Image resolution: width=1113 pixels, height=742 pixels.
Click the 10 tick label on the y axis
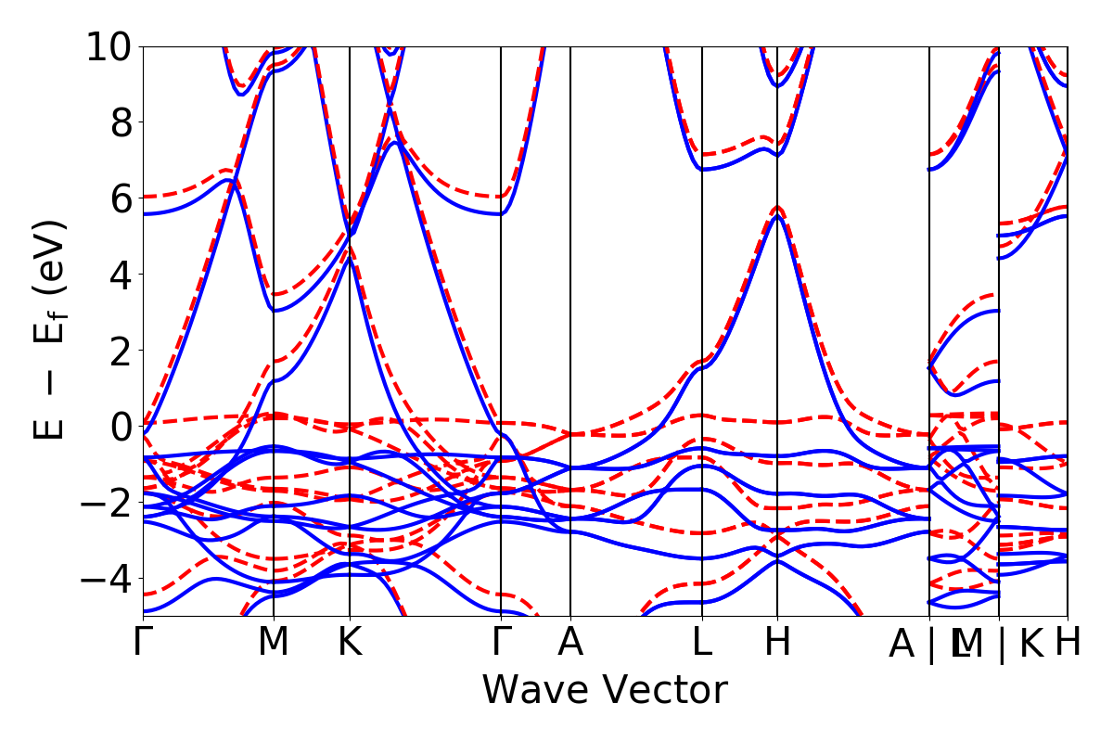coord(109,46)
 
